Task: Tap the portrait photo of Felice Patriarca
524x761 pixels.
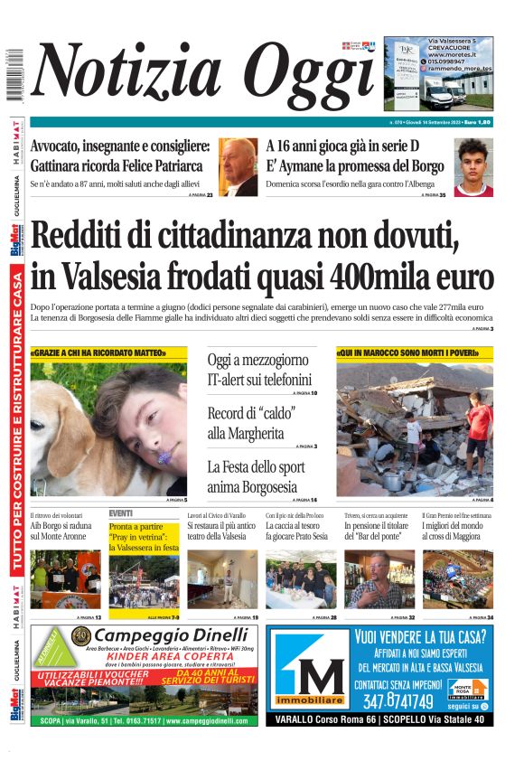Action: coord(239,167)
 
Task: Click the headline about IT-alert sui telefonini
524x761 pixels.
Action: coord(259,370)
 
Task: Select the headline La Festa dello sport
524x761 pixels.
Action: coord(262,477)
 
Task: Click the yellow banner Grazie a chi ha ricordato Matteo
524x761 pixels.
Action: coord(98,352)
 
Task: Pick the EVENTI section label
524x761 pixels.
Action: coord(121,512)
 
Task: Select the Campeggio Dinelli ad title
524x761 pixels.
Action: coord(171,634)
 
